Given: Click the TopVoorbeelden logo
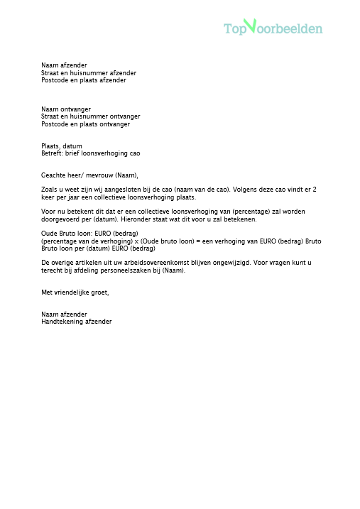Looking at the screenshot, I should click(x=273, y=28).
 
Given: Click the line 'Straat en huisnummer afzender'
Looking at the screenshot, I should click(x=89, y=72).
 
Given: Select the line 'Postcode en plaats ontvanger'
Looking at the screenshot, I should click(x=85, y=124).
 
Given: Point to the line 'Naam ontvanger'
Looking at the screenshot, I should click(x=66, y=109).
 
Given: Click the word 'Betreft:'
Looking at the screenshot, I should click(x=53, y=153).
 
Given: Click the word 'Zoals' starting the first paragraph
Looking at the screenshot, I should click(x=50, y=190).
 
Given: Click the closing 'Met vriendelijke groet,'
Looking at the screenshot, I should click(x=75, y=292).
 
